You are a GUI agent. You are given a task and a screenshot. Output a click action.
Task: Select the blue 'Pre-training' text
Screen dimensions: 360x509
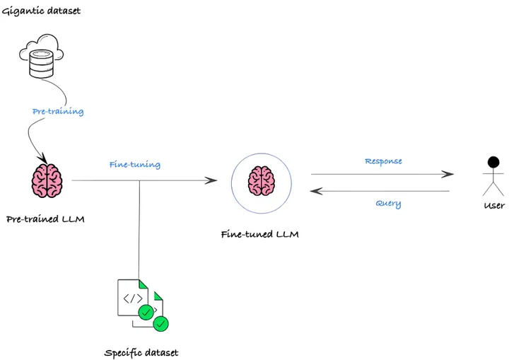pos(58,112)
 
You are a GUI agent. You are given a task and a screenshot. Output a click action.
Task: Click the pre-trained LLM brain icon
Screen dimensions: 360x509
pos(47,180)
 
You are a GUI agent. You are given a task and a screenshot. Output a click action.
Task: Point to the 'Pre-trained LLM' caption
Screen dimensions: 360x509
pos(45,219)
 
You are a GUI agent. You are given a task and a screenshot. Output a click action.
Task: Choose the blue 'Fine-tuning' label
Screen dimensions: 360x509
pos(134,165)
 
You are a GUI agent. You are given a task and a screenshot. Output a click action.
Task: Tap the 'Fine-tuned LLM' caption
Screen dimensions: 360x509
pos(260,234)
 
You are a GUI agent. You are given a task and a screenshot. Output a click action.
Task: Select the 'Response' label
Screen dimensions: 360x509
pos(383,161)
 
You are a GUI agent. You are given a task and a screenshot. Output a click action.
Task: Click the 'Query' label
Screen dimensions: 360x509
pos(388,204)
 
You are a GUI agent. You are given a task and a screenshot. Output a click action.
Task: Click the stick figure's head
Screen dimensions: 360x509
pos(493,163)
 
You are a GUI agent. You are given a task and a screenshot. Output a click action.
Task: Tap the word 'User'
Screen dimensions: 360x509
pos(493,206)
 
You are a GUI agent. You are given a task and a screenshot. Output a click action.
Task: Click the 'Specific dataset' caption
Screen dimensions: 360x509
pos(141,352)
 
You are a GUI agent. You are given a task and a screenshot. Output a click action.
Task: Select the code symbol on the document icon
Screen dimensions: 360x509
pos(133,298)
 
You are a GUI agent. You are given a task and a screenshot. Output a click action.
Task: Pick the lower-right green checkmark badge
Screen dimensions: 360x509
pos(161,324)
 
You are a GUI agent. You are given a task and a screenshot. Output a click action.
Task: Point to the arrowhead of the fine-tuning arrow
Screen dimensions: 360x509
pos(211,180)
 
